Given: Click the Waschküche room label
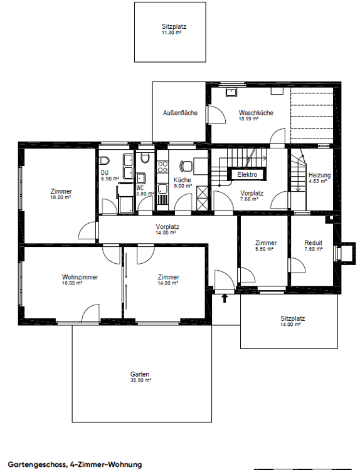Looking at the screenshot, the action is (x=256, y=113).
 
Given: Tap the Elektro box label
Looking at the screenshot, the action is (x=247, y=174).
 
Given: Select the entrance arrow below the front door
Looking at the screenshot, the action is (x=225, y=298).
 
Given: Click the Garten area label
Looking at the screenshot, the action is (x=139, y=374).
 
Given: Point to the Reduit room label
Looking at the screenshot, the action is (x=313, y=243).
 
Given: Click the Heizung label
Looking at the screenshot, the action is (x=319, y=175).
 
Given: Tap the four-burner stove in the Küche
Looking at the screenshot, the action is (x=162, y=167).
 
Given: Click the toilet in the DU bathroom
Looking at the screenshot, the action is (x=104, y=160).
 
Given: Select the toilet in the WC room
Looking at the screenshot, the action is (x=146, y=158).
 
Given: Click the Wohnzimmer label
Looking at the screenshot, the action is (x=80, y=277).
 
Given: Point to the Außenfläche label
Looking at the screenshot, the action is (x=180, y=113).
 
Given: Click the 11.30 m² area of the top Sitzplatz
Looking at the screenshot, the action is (x=172, y=33).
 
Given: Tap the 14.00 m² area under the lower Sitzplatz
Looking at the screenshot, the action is (x=290, y=325).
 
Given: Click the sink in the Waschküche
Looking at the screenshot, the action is (x=231, y=92).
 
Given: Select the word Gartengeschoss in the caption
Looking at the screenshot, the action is (x=36, y=464).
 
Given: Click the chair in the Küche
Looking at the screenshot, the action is (x=186, y=166).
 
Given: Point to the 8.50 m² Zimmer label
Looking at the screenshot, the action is (x=266, y=243).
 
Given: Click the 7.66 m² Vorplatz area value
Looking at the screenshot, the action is (x=250, y=199).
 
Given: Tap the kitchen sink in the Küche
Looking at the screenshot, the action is (x=162, y=189).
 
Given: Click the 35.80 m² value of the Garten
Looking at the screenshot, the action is (x=140, y=380).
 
